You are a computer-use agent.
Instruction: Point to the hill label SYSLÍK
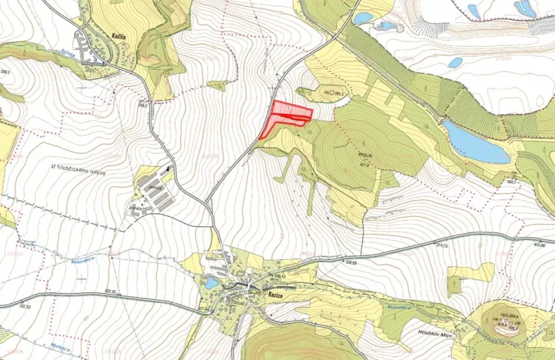(x=364, y=154)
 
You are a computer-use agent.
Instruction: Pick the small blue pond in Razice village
(x=211, y=283)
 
